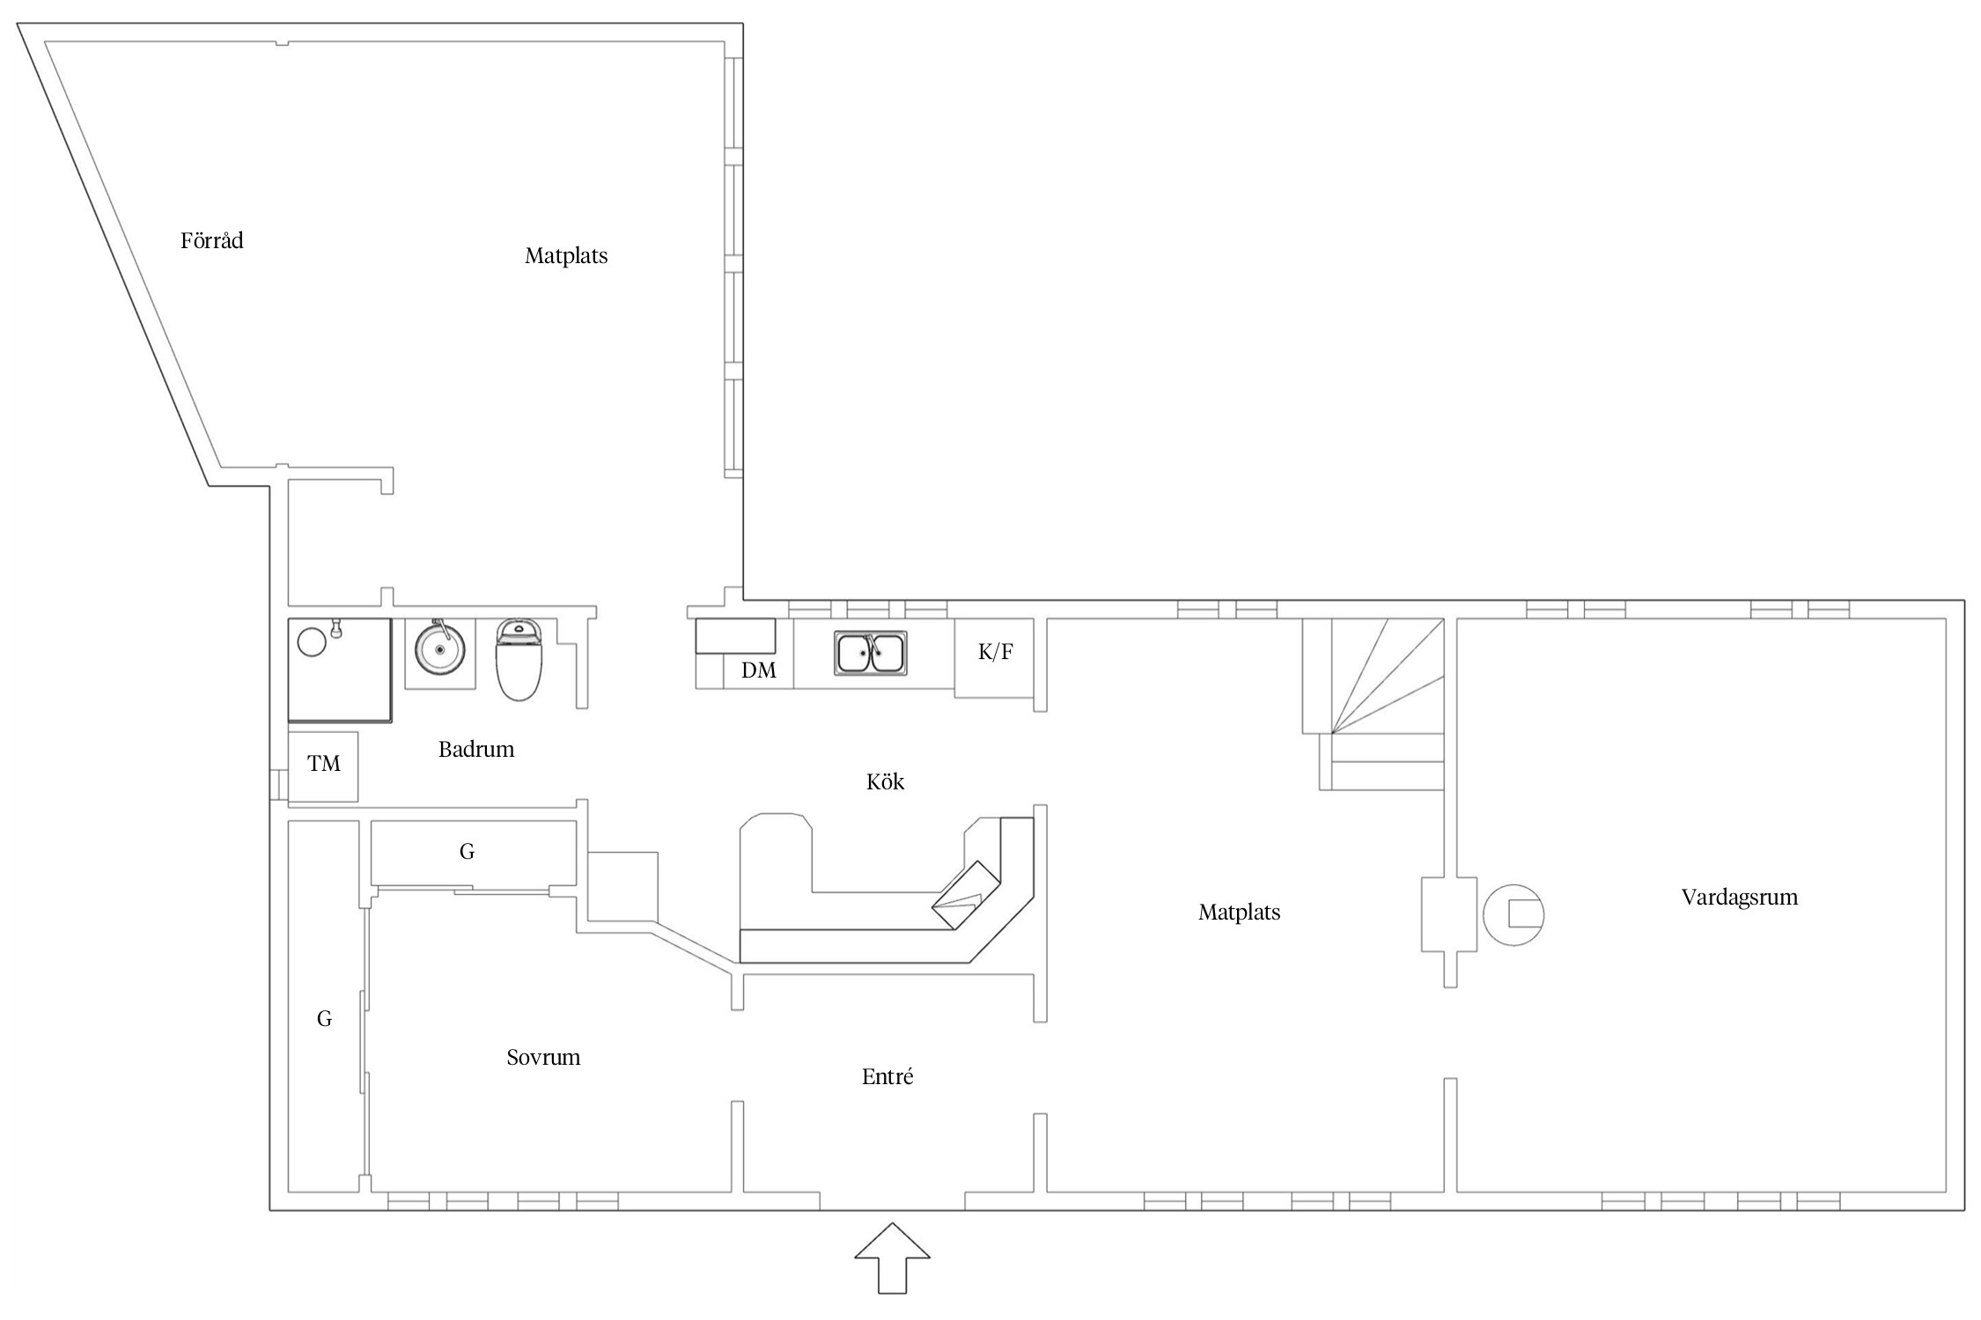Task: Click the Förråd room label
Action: tap(211, 240)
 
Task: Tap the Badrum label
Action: tap(476, 749)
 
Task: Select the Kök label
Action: tap(885, 781)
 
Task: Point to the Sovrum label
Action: tap(543, 1057)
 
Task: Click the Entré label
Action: tap(887, 1076)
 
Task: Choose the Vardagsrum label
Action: tap(1739, 898)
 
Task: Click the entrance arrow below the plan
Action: tap(892, 1258)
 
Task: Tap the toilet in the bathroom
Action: tap(519, 659)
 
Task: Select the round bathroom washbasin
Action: tap(439, 649)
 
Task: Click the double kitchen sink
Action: tap(871, 653)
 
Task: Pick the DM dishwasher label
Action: tap(759, 671)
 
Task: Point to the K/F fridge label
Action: tap(995, 652)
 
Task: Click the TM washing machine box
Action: tap(323, 766)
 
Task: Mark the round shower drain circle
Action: tap(312, 642)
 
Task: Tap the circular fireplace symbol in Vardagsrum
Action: tap(1513, 914)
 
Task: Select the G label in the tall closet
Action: tap(324, 1019)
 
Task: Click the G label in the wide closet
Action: tap(467, 851)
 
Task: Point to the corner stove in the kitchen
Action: tap(967, 895)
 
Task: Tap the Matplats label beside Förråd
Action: tap(566, 256)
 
